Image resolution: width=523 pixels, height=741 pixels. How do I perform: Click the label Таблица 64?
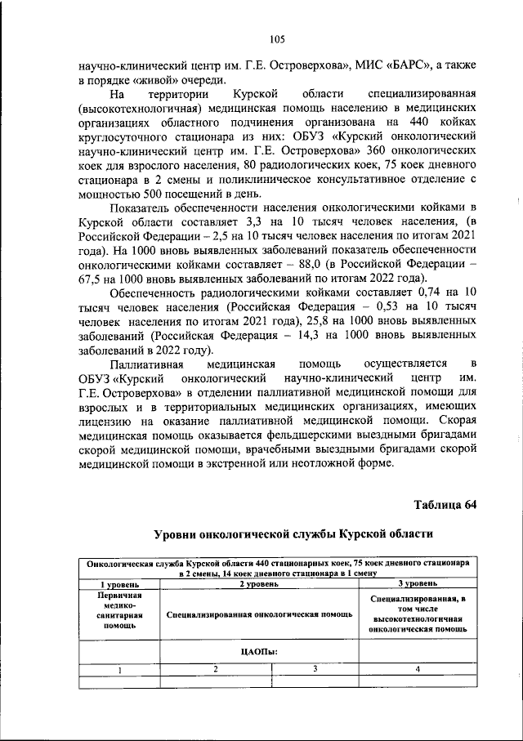(x=445, y=503)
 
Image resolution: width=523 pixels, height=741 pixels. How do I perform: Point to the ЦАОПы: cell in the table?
(x=258, y=650)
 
